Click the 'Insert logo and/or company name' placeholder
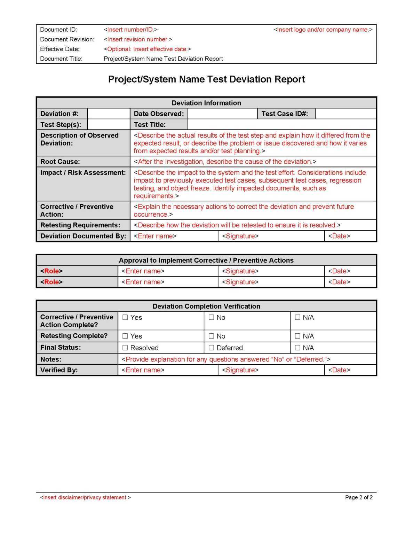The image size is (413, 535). tap(323, 30)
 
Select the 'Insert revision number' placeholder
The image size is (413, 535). tap(138, 39)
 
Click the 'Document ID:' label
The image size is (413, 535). tap(58, 30)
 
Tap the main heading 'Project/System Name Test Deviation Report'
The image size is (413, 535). tap(206, 79)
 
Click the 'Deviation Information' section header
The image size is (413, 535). tap(206, 103)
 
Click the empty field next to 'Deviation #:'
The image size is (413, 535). tap(109, 114)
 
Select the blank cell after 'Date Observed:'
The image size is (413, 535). tap(222, 114)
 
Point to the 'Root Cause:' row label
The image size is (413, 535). tap(60, 162)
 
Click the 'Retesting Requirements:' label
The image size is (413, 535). tap(80, 225)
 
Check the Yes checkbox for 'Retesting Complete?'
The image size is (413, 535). tap(125, 336)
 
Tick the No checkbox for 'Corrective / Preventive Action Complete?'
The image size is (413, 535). tap(211, 317)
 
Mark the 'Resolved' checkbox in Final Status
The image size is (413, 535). tap(125, 348)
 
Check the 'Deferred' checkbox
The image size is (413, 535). tap(211, 348)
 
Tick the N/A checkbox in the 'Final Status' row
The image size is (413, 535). tap(297, 348)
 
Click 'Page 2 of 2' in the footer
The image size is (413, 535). tap(359, 497)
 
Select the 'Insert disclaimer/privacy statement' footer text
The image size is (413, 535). tap(86, 497)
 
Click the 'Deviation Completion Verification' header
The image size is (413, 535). tap(206, 307)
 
